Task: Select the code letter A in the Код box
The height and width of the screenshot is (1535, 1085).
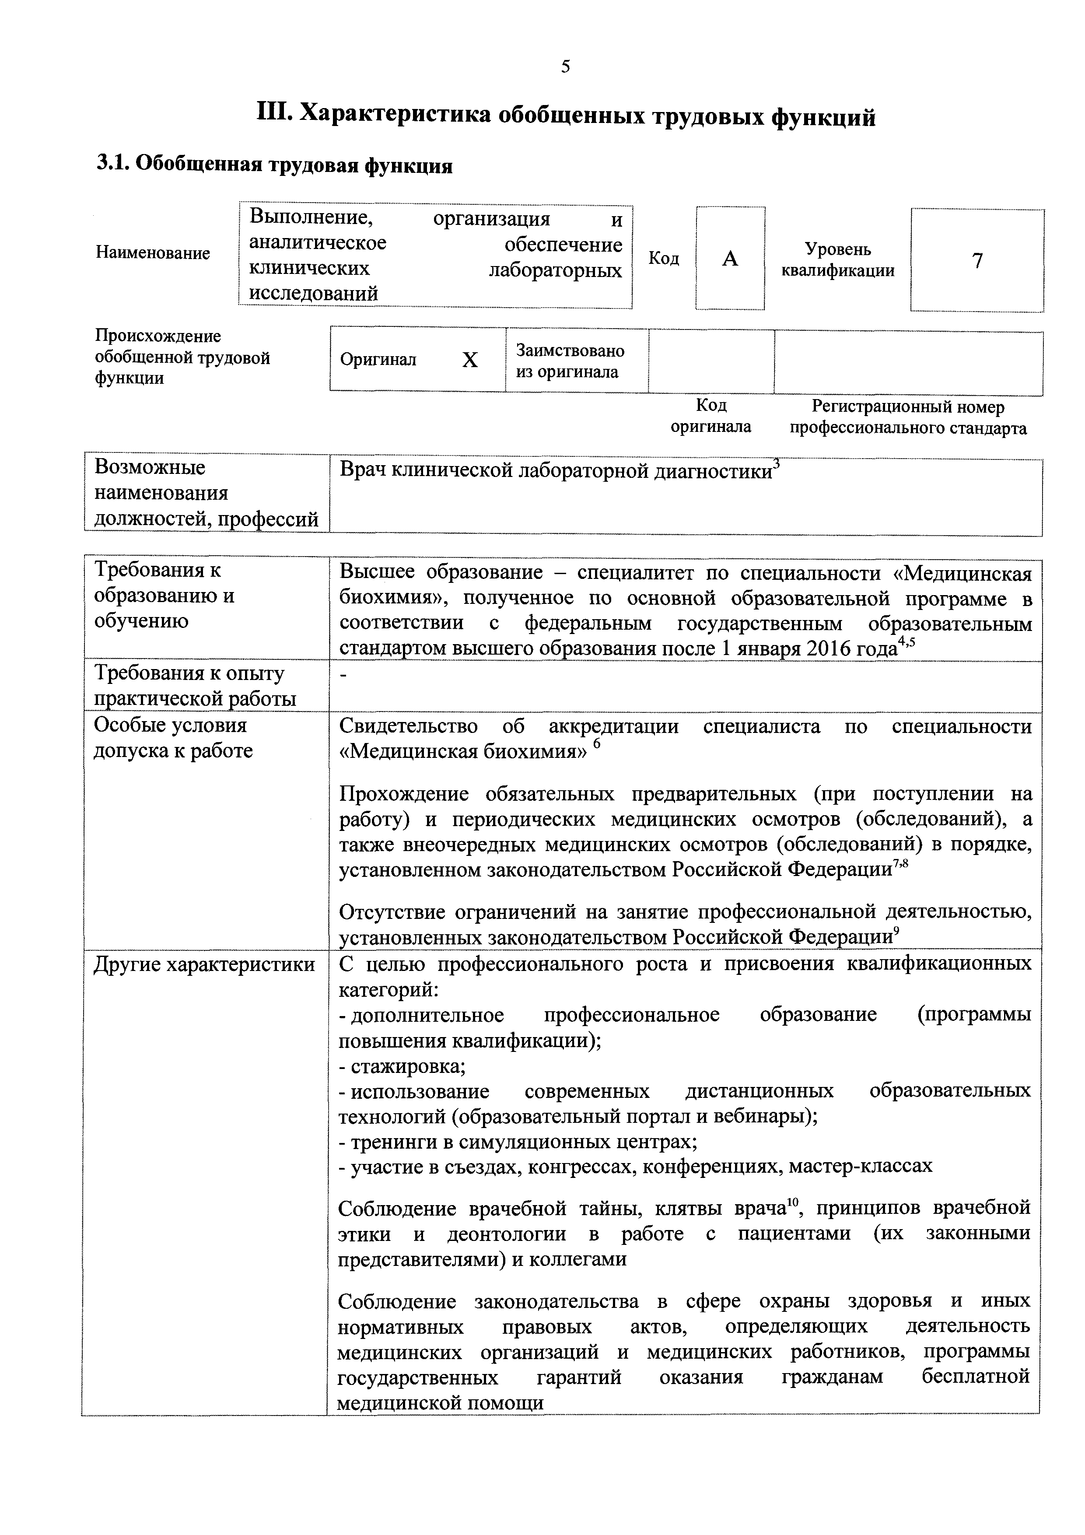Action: point(730,259)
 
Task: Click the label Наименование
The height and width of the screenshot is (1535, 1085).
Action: point(153,253)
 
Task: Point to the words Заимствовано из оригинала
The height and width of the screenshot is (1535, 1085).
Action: point(570,361)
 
